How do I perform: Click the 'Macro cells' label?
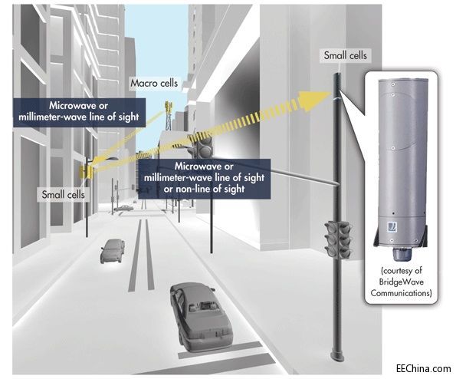pyautogui.click(x=154, y=83)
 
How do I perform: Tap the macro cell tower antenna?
pyautogui.click(x=168, y=115)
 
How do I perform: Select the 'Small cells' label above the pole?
pyautogui.click(x=345, y=55)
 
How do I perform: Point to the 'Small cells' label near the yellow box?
pyautogui.click(x=63, y=194)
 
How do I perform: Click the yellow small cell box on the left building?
pyautogui.click(x=85, y=172)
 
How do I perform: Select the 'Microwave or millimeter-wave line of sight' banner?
pyautogui.click(x=79, y=112)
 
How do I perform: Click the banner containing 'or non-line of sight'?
pyautogui.click(x=204, y=179)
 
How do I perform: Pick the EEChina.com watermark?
pyautogui.click(x=423, y=368)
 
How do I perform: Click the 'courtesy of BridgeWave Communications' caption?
pyautogui.click(x=401, y=282)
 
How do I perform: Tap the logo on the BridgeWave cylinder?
pyautogui.click(x=392, y=227)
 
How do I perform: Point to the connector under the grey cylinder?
pyautogui.click(x=401, y=254)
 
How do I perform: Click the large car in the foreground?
pyautogui.click(x=202, y=315)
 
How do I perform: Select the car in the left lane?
pyautogui.click(x=113, y=251)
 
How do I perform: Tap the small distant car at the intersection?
pyautogui.click(x=123, y=208)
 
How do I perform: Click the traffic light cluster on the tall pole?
pyautogui.click(x=338, y=239)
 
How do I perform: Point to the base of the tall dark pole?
pyautogui.click(x=338, y=356)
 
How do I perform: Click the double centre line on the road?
pyautogui.click(x=141, y=255)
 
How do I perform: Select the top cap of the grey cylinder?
pyautogui.click(x=401, y=80)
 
